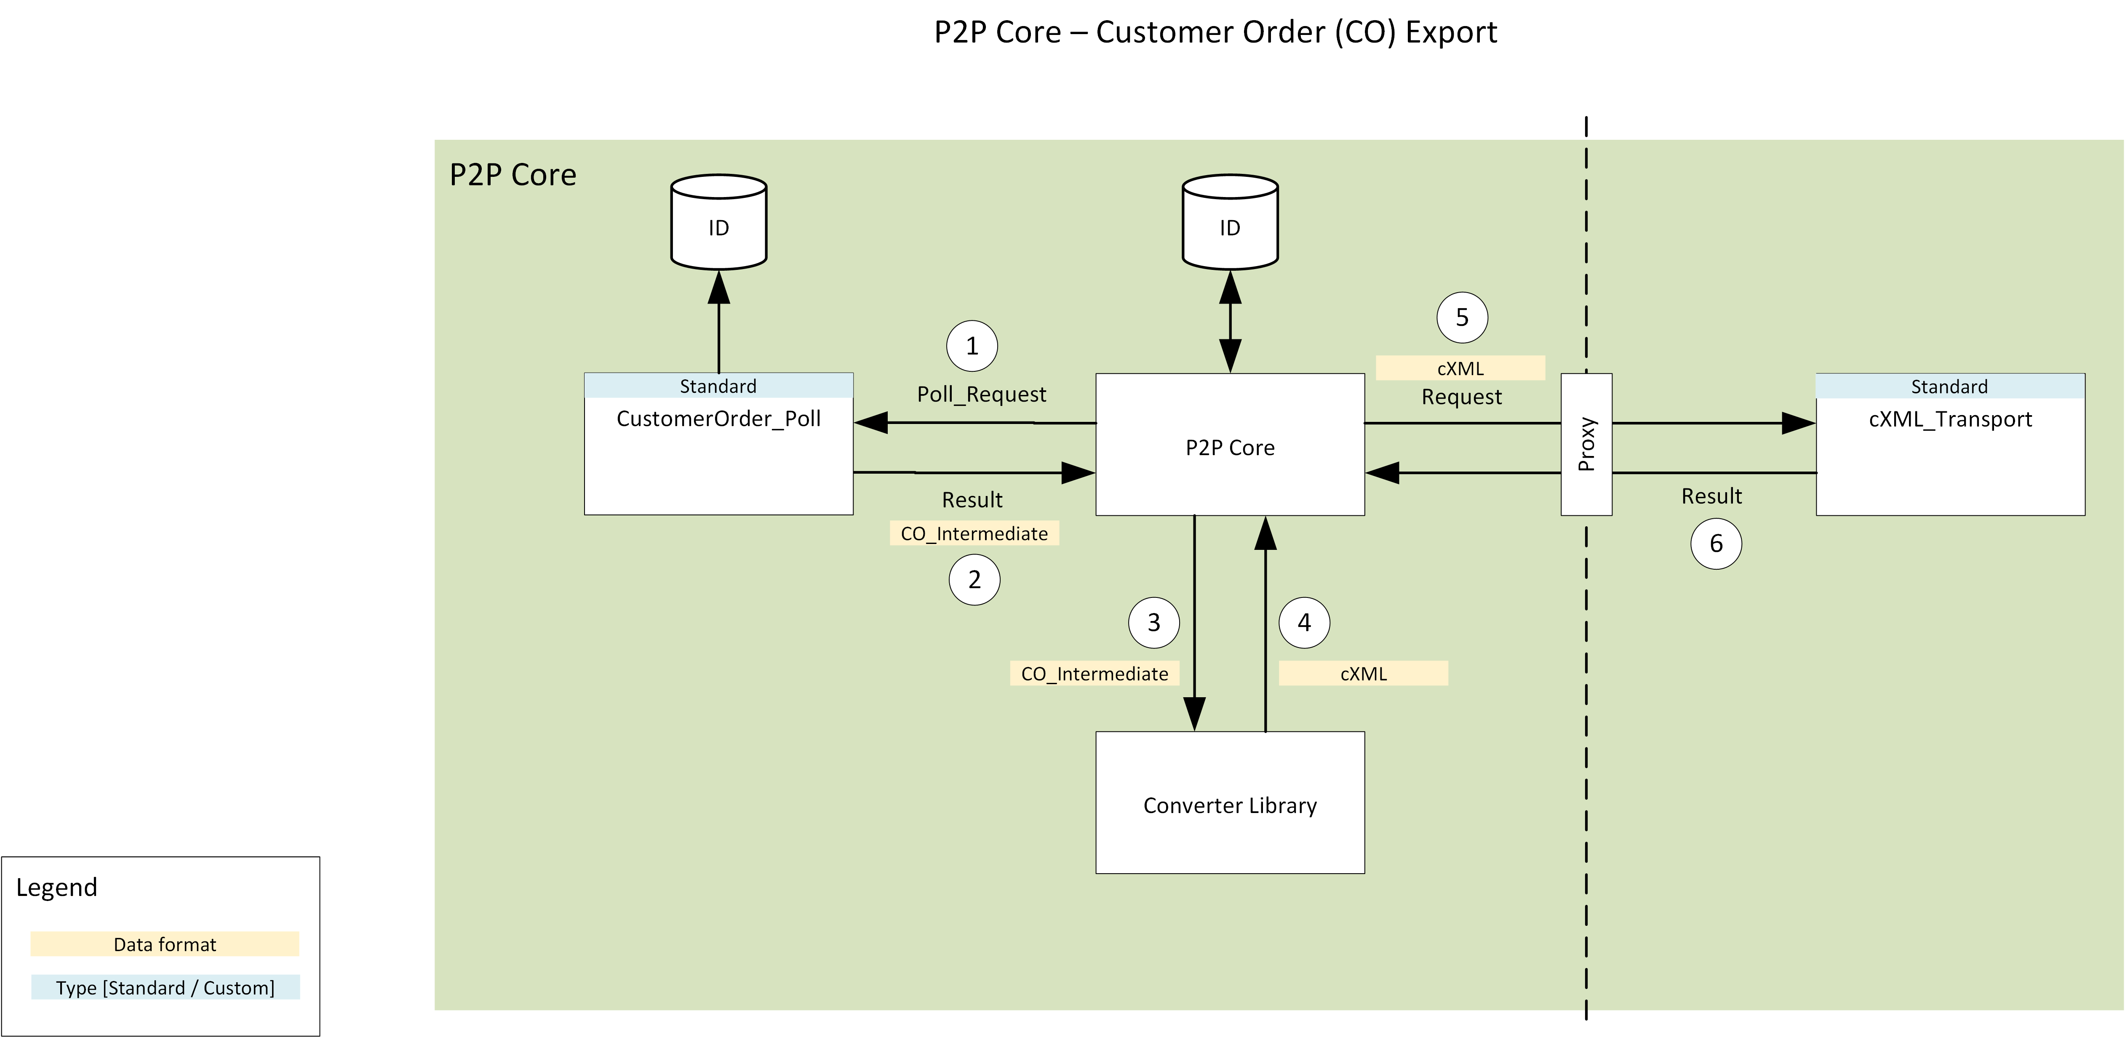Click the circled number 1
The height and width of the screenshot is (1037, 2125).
[x=972, y=347]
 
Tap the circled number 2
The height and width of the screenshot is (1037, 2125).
[x=974, y=580]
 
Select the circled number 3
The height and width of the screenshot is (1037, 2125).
[x=1153, y=623]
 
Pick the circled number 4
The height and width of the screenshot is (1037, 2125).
[x=1303, y=623]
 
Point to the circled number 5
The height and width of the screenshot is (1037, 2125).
[x=1462, y=317]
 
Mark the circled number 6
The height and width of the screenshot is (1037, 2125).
[x=1716, y=544]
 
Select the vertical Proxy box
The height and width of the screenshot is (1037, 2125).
[x=1586, y=445]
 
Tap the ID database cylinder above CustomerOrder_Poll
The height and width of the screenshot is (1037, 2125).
[x=718, y=223]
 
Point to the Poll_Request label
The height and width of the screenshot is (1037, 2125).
[x=981, y=395]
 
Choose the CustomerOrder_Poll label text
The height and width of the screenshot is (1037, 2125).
[x=718, y=419]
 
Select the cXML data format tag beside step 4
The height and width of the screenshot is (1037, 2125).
[x=1363, y=674]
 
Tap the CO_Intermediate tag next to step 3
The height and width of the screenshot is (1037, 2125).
[x=1094, y=674]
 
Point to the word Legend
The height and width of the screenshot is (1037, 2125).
[x=57, y=888]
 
